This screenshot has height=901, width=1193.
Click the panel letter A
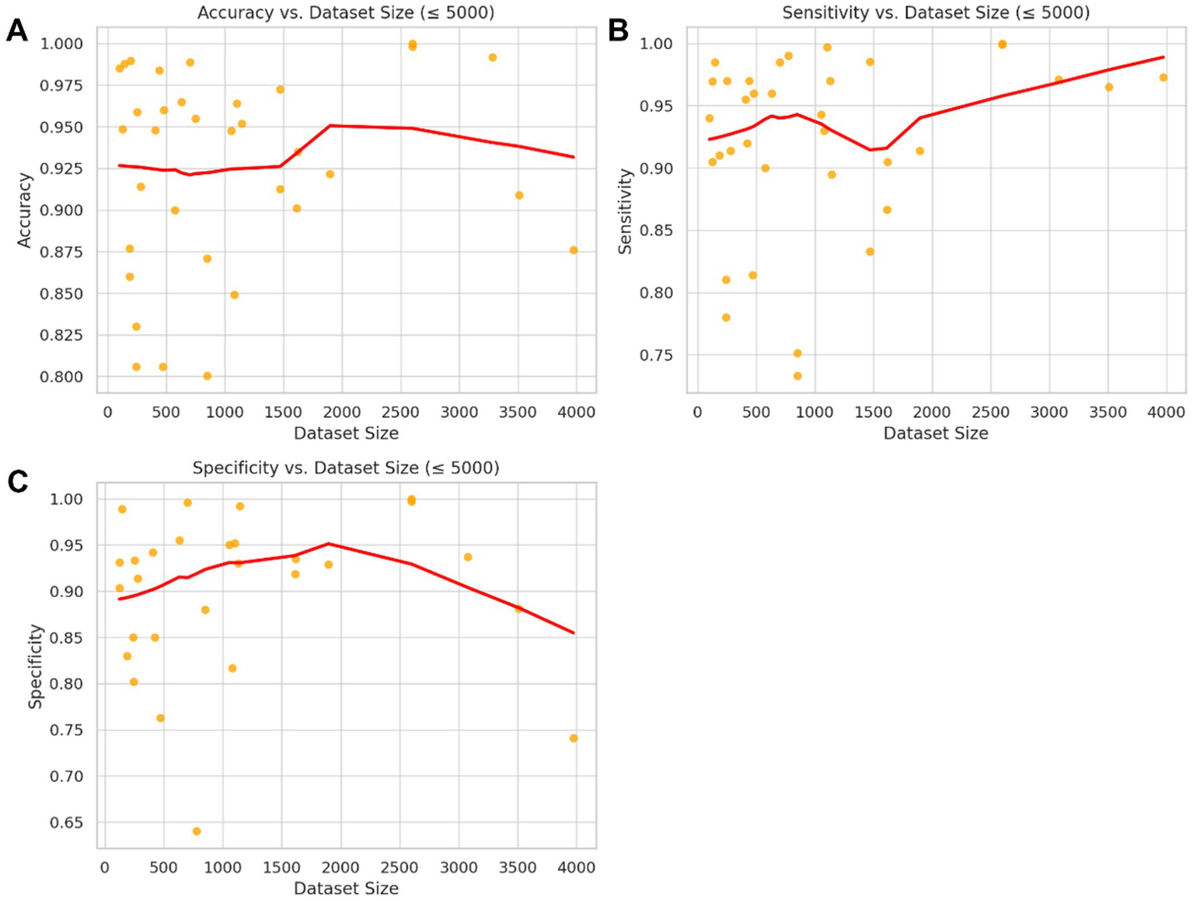tap(16, 31)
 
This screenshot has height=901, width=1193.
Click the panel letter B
tap(618, 31)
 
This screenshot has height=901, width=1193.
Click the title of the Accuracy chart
tap(346, 12)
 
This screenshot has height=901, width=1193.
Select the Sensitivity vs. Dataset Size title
tap(936, 12)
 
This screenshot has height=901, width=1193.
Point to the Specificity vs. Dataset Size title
tap(346, 468)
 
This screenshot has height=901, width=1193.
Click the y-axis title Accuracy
tap(25, 210)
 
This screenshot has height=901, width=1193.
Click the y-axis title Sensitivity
tap(625, 211)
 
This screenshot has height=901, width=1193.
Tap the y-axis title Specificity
tap(35, 666)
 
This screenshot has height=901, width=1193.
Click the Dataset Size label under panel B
tap(936, 433)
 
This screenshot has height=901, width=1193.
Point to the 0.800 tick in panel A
tap(61, 377)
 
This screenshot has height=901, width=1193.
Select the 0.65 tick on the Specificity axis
tap(68, 823)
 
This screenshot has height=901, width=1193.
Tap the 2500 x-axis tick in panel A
tap(401, 412)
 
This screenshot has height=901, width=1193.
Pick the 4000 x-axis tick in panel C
tap(577, 868)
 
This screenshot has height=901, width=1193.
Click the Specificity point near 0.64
tap(197, 831)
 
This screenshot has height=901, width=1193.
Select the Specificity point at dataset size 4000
tap(574, 739)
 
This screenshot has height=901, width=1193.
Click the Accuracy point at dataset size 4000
tap(574, 250)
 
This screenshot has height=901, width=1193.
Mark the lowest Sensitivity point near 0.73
tap(797, 376)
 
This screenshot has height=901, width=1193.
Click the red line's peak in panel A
tap(330, 125)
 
